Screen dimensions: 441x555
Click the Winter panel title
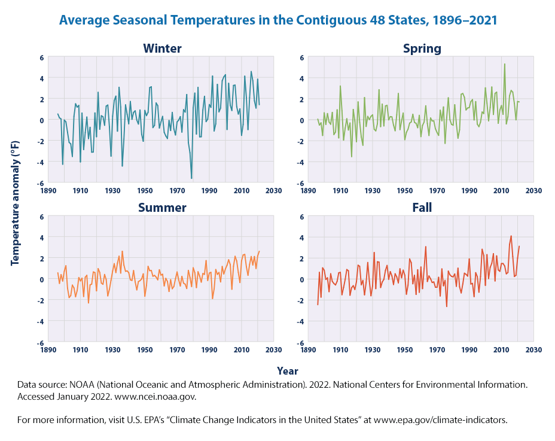click(x=162, y=48)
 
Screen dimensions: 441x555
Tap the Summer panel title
click(x=162, y=208)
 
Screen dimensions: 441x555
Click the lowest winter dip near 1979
click(x=191, y=178)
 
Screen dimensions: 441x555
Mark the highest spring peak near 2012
click(x=505, y=64)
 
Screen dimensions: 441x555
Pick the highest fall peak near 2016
click(x=511, y=236)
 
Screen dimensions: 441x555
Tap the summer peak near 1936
click(x=123, y=251)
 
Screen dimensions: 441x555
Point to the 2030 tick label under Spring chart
click(x=533, y=191)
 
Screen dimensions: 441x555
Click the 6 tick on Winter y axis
click(x=42, y=57)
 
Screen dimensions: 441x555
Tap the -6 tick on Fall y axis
click(x=301, y=343)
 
